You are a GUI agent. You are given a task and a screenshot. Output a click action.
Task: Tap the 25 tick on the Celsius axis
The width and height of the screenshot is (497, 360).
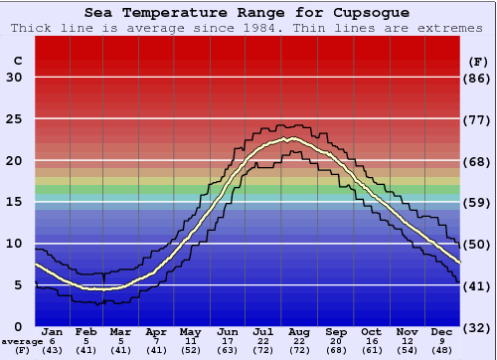click(14, 119)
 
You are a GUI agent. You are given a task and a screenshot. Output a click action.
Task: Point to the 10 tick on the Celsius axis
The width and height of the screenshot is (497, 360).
click(14, 244)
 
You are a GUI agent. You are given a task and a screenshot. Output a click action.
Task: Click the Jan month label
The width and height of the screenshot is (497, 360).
click(53, 331)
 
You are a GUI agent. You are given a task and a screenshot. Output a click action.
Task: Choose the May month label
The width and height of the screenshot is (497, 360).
click(189, 331)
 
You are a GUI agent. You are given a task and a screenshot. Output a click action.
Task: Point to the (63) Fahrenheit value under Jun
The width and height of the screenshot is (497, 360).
click(229, 351)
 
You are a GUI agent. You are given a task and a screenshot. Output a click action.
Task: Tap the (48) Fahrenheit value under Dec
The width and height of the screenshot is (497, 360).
click(443, 351)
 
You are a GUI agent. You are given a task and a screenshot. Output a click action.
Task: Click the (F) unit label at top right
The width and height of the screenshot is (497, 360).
click(478, 62)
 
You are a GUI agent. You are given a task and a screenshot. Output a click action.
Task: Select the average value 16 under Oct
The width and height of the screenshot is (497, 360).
click(371, 341)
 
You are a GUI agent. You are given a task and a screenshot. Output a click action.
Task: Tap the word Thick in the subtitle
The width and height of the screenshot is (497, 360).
click(31, 28)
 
